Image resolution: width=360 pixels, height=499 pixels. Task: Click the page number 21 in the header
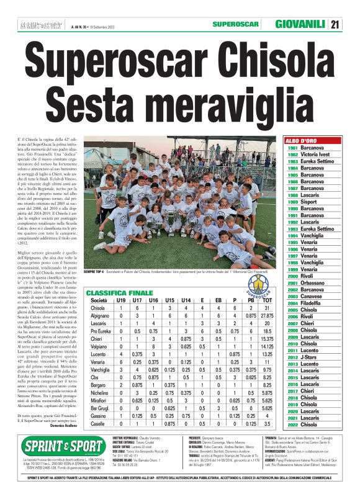(335, 25)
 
